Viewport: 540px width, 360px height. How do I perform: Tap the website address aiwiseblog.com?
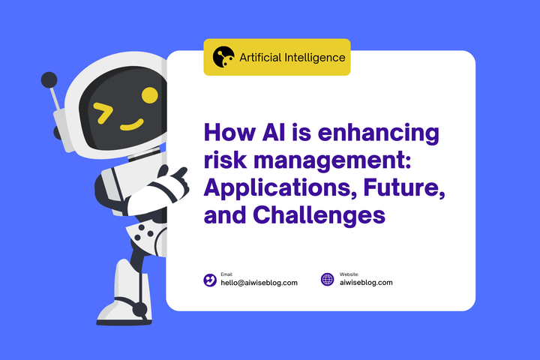tap(366, 283)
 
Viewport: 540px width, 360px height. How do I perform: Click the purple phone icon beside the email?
tap(210, 280)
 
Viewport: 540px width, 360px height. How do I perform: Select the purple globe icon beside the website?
tap(327, 280)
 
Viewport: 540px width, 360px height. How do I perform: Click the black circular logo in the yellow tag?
tap(223, 57)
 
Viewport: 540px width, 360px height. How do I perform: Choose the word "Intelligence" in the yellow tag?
tap(314, 57)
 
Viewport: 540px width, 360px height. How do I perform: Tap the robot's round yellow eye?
tap(150, 95)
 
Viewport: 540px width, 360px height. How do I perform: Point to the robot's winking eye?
tap(103, 114)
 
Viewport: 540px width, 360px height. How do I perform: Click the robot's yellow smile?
tap(132, 124)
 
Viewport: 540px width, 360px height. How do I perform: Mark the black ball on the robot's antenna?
tap(49, 79)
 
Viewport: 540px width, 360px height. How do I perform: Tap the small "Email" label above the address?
tap(226, 274)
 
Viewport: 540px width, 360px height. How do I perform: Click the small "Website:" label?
tap(349, 274)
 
